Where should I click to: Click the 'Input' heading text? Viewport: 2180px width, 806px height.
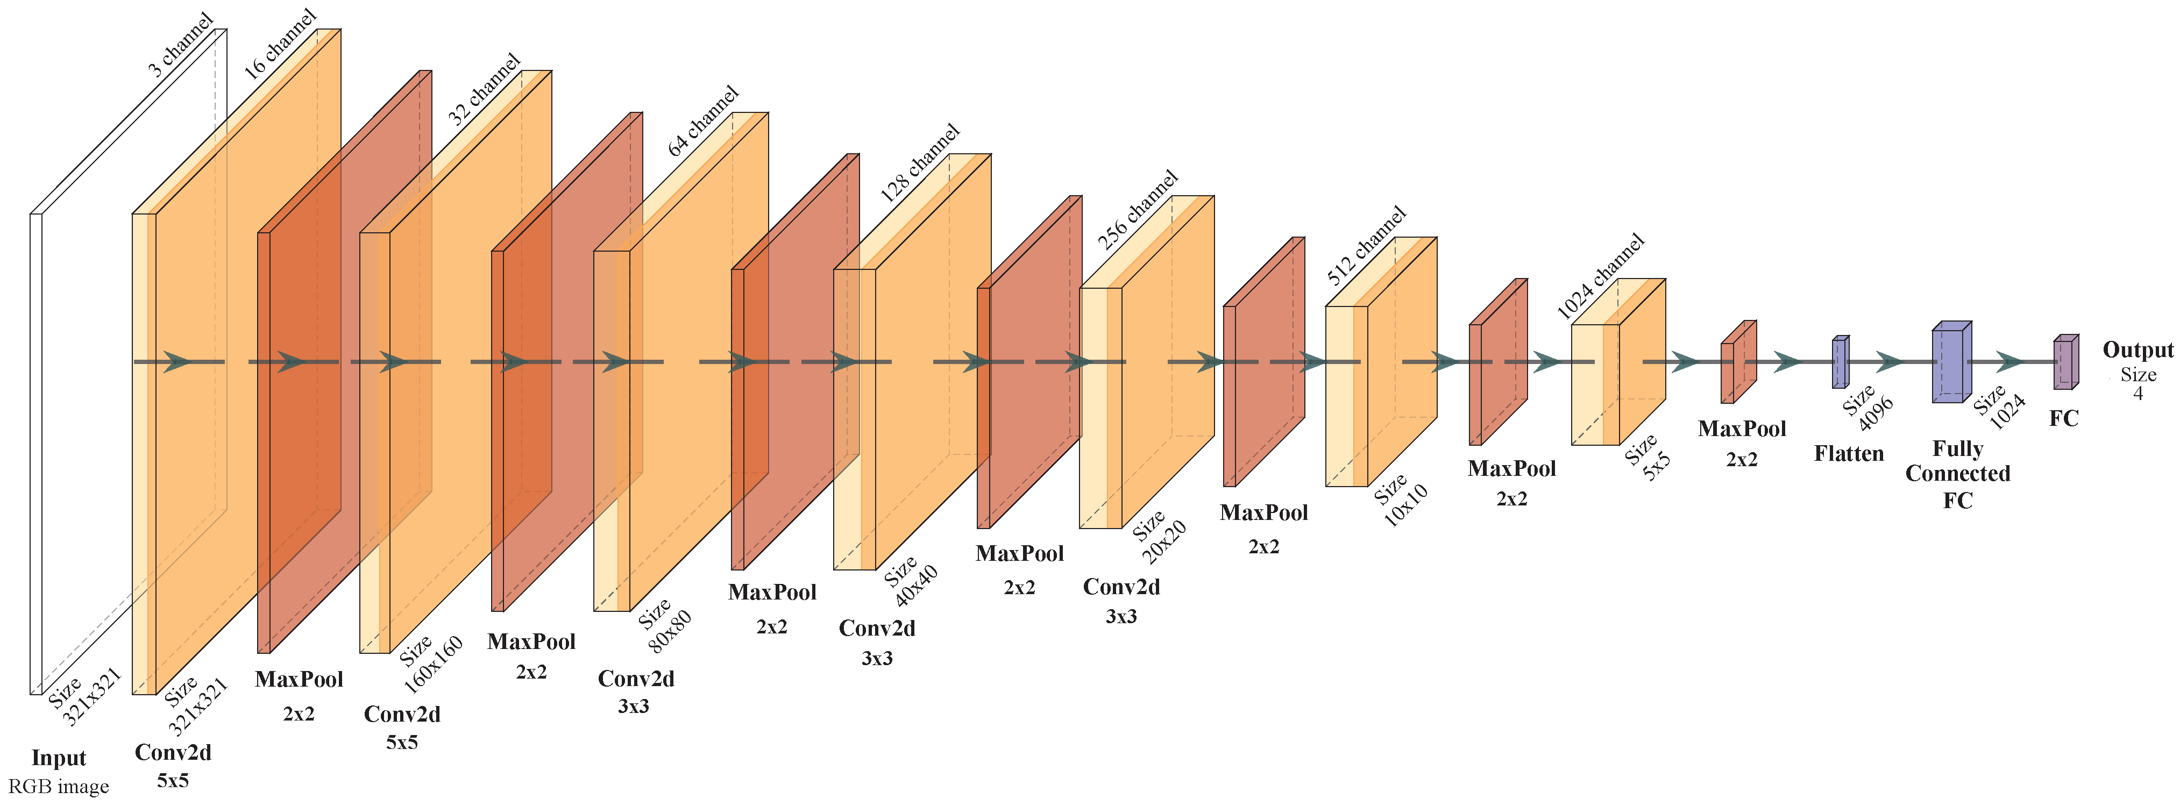coord(59,758)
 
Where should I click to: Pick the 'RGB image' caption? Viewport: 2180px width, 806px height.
coord(59,787)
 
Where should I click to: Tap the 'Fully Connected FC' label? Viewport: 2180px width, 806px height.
coord(1957,474)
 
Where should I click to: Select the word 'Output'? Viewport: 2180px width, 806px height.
coord(2138,350)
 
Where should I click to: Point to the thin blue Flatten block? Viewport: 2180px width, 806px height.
coord(1840,363)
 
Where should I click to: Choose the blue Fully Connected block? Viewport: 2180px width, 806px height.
coord(1951,363)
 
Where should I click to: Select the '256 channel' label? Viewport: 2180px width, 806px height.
coord(1138,210)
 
